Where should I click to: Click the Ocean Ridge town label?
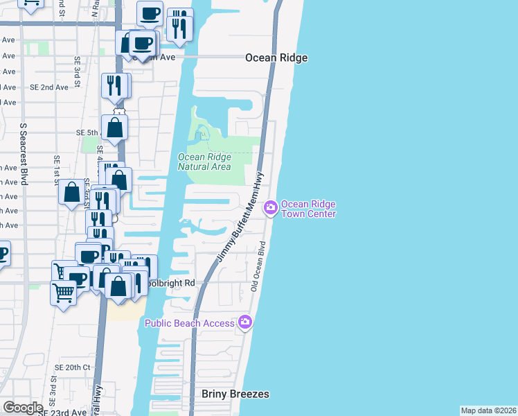pyautogui.click(x=276, y=58)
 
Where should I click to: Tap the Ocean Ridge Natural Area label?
pyautogui.click(x=204, y=162)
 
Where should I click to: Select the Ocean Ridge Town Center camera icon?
pyautogui.click(x=271, y=207)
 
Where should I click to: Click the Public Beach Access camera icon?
pyautogui.click(x=244, y=322)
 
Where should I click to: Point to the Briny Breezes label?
pyautogui.click(x=235, y=394)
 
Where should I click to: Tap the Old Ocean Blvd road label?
pyautogui.click(x=258, y=266)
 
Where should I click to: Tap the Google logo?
pyautogui.click(x=23, y=407)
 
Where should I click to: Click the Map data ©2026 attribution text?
pyautogui.click(x=489, y=410)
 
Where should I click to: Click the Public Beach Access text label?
pyautogui.click(x=190, y=323)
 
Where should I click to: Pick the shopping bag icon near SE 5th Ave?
pyautogui.click(x=115, y=128)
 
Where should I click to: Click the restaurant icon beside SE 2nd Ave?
pyautogui.click(x=115, y=85)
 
